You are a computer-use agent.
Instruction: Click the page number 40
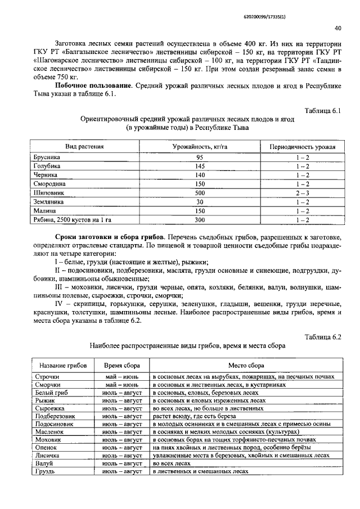[x=337, y=28]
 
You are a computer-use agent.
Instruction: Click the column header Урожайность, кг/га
[x=199, y=147]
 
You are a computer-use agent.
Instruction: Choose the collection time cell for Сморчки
[x=122, y=385]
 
